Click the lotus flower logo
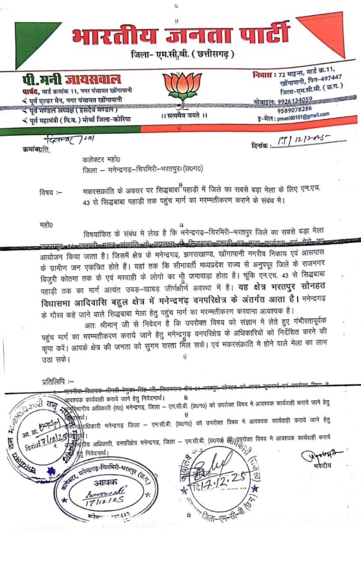click(179, 87)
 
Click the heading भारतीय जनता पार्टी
click(181, 35)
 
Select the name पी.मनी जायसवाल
click(72, 80)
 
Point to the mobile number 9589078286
click(295, 108)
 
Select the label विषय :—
click(51, 192)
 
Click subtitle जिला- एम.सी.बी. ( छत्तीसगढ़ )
click(183, 54)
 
